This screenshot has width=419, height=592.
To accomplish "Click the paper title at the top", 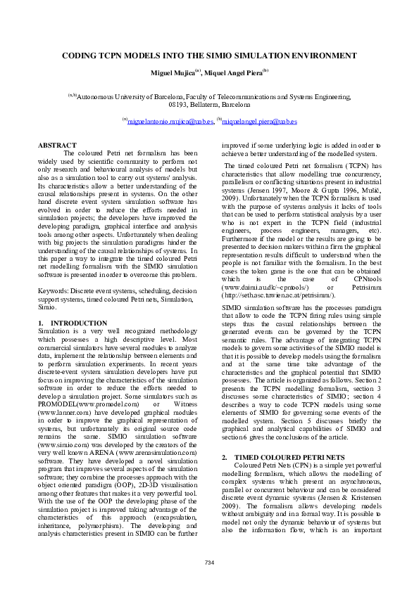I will pyautogui.click(x=209, y=55).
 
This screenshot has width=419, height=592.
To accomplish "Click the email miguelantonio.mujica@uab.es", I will pyautogui.click(x=170, y=122).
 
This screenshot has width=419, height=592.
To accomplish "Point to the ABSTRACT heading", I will pyautogui.click(x=57, y=145).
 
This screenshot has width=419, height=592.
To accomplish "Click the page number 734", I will pyautogui.click(x=209, y=562).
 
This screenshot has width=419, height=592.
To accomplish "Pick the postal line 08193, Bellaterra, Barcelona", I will pyautogui.click(x=209, y=104).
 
